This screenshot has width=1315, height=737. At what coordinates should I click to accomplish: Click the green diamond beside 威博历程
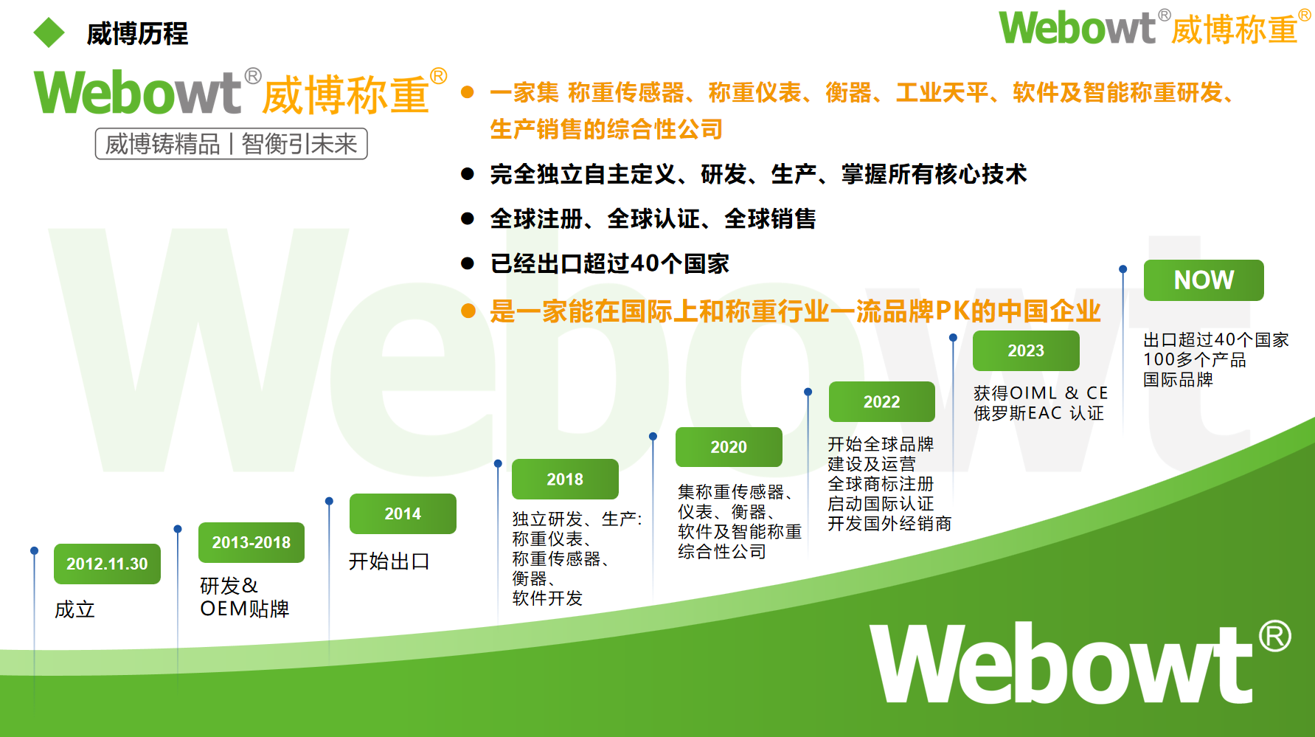pos(49,32)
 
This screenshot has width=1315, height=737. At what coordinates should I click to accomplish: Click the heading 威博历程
pos(137,34)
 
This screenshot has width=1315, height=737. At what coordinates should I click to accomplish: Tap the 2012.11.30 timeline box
pos(107,564)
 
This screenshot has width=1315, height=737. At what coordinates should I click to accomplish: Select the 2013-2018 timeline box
pos(251,542)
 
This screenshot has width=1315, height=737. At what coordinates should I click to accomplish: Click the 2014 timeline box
pos(403,513)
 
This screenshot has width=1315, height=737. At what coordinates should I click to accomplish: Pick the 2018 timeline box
pos(565,479)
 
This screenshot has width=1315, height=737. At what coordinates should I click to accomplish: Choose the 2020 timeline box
pos(729,447)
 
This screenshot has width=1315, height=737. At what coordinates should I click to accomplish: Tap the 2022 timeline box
pos(882,401)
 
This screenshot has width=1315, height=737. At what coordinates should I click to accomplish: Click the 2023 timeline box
pos(1026,350)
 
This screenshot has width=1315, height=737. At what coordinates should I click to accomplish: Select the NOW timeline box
pos(1204,280)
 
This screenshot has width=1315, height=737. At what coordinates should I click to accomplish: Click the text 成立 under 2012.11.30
pos(74,609)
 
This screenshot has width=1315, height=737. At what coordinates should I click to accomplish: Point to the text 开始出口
pos(389,561)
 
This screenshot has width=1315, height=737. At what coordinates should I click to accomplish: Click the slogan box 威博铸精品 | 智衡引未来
pos(231,143)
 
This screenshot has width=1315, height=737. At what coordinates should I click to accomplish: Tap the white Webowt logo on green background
pos(1080,662)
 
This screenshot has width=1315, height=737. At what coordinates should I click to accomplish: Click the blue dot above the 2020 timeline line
pos(653,437)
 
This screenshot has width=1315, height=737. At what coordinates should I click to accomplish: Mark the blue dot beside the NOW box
pos(1123,269)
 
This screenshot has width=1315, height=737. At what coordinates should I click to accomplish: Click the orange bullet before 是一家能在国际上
pos(468,311)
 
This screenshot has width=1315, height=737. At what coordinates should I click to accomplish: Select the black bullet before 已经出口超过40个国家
pos(467,263)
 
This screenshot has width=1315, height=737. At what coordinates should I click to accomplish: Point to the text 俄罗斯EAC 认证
pos(1038,413)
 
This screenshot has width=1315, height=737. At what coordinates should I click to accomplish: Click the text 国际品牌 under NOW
pos(1178,379)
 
